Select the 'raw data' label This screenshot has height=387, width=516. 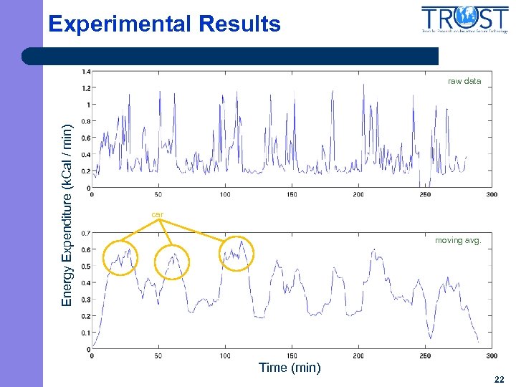464,82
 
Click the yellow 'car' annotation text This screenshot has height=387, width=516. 157,214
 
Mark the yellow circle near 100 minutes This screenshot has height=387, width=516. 236,254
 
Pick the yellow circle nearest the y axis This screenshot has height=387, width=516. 119,257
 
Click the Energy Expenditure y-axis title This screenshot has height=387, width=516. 67,215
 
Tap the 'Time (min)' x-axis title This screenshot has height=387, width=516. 290,368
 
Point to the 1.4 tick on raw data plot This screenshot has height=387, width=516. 86,71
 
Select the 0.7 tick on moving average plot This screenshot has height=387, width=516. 86,233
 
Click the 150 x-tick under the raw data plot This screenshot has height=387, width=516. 292,195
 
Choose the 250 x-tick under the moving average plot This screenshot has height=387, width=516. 425,356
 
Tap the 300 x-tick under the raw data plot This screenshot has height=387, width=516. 492,195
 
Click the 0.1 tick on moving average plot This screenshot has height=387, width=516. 86,333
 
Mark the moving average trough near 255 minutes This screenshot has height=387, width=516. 431,336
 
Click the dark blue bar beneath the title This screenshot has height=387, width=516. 229,56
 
